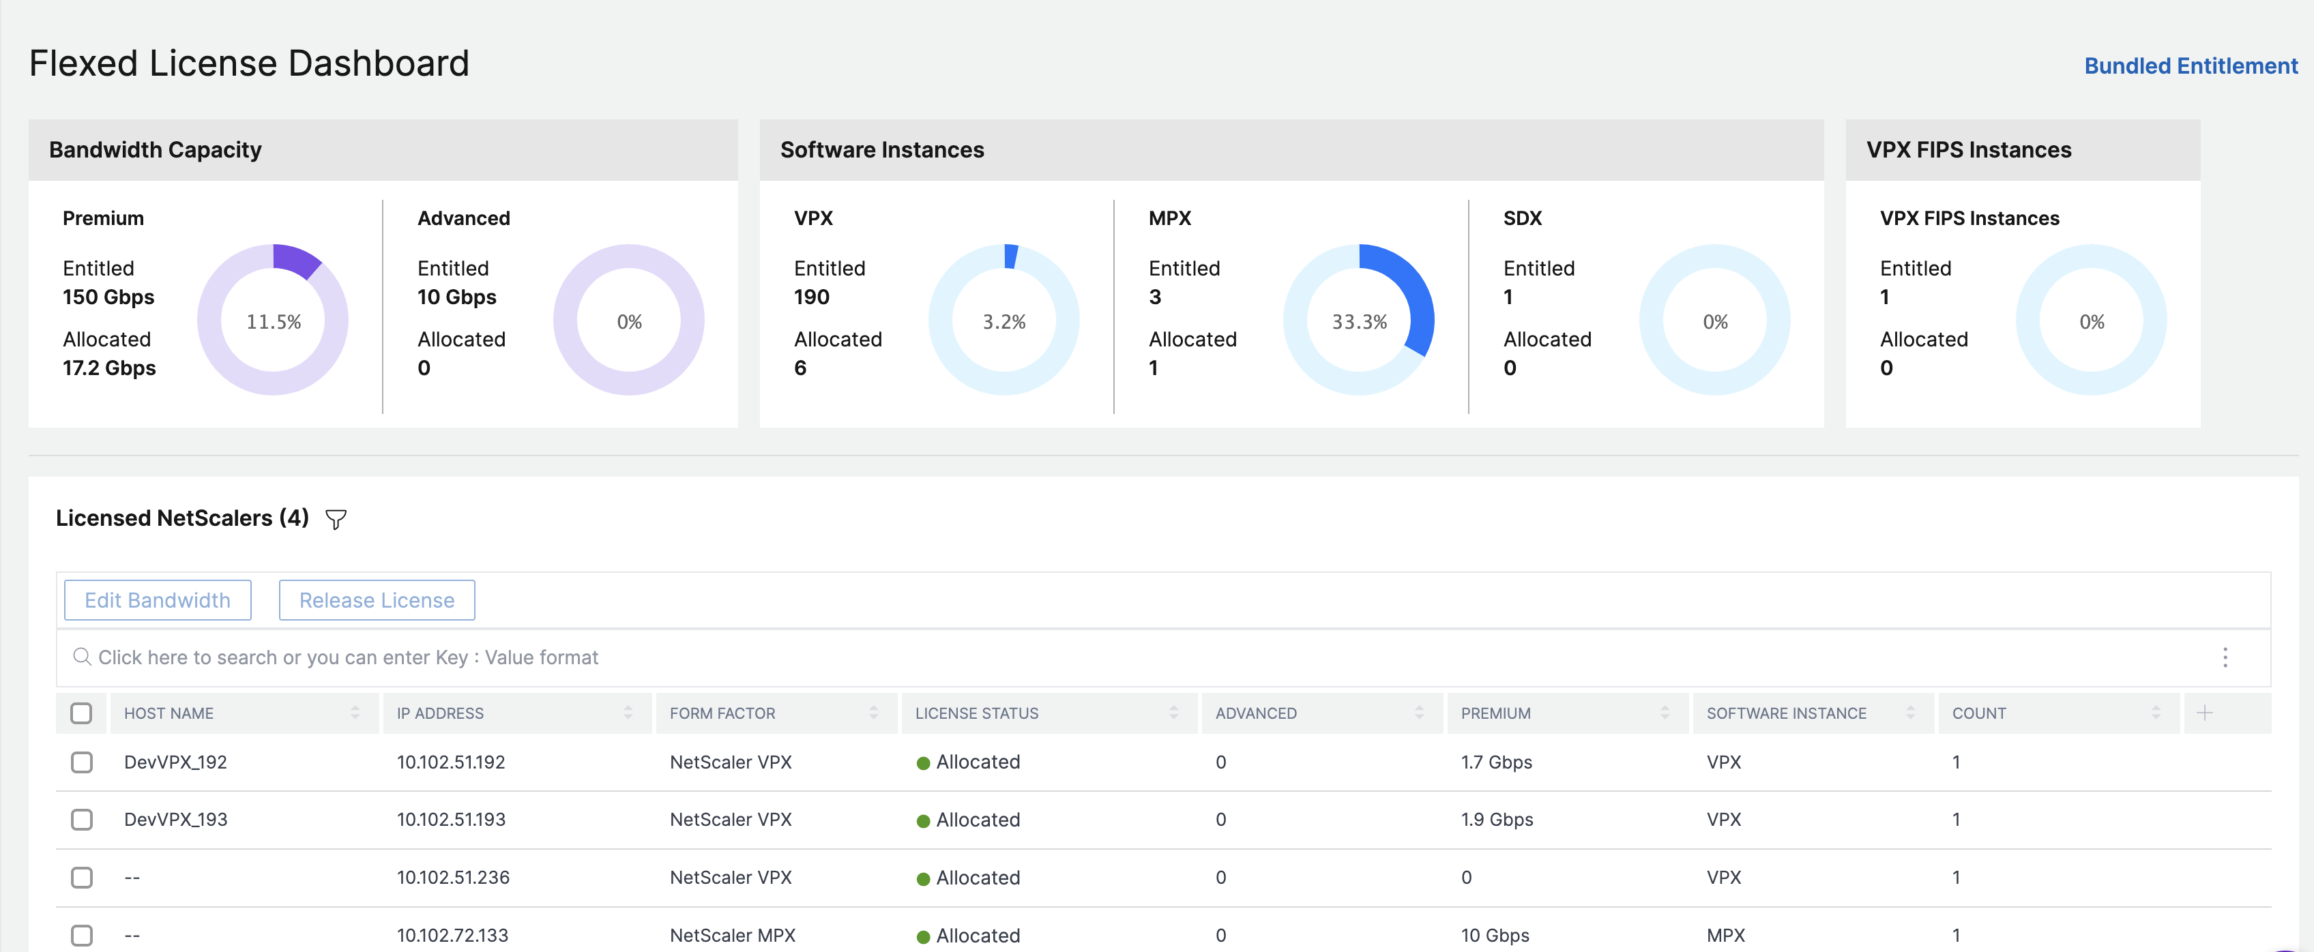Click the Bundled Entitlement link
click(2190, 66)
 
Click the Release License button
click(377, 600)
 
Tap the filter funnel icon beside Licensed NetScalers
click(336, 519)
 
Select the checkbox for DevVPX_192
click(82, 762)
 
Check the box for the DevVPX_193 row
click(82, 819)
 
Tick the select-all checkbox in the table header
click(82, 713)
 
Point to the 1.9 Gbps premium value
click(1497, 819)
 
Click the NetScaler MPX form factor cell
click(732, 935)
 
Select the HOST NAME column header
click(169, 713)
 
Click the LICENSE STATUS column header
click(976, 713)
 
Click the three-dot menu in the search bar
click(2225, 657)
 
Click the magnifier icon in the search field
click(82, 657)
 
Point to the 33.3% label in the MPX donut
click(1359, 321)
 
